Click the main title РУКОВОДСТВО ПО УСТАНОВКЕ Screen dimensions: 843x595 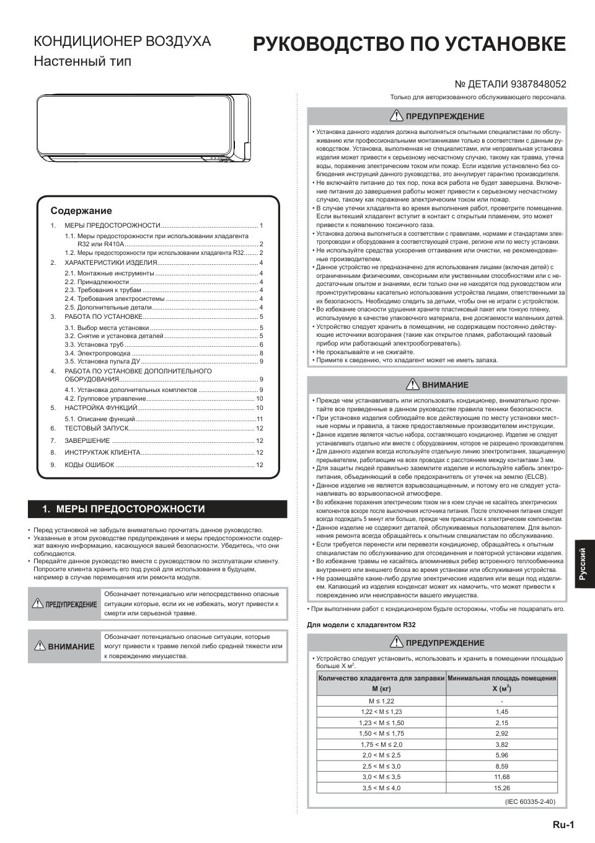tap(408, 45)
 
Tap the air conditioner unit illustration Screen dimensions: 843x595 tap(143, 128)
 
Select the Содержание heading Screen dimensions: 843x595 tap(81, 211)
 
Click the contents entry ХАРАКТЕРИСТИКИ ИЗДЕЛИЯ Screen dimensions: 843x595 tap(110, 263)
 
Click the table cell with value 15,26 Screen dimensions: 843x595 tap(501, 788)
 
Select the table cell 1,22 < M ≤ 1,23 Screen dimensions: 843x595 tap(381, 712)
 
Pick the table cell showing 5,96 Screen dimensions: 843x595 tap(501, 755)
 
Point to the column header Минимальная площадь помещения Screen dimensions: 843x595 tap(501, 679)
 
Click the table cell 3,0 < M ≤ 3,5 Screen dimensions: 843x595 tap(381, 777)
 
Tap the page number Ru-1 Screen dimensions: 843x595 tap(563, 825)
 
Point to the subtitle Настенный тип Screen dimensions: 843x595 tap(82, 61)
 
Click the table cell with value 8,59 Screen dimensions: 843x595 tap(501, 766)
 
